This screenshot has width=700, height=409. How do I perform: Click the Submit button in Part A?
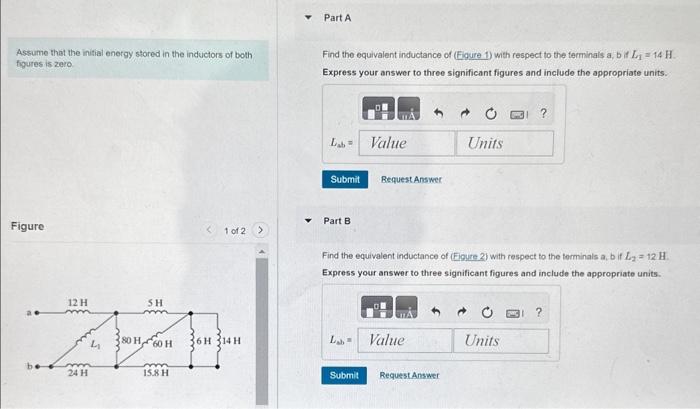coord(344,179)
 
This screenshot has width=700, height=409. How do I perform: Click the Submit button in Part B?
coord(344,375)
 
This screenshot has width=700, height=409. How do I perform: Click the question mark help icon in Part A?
coord(543,114)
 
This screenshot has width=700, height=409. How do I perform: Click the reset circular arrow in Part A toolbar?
coord(492,114)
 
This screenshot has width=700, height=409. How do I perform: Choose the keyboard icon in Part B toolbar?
coord(514,311)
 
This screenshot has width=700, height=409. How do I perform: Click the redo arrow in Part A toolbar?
coord(466,114)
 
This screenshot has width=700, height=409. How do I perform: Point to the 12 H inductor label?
coord(77,301)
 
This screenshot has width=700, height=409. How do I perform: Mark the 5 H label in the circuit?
coord(155,301)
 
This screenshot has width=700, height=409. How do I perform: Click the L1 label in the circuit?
coord(96,343)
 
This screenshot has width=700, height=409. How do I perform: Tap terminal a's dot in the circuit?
coord(36,312)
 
